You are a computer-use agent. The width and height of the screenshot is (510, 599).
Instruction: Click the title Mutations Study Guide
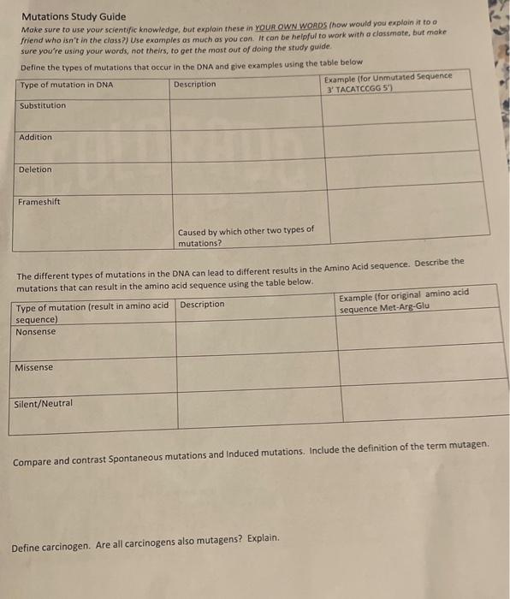(x=73, y=16)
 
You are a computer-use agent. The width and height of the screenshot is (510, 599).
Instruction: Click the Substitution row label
(x=42, y=105)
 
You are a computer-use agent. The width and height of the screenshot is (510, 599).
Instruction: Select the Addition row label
(x=35, y=137)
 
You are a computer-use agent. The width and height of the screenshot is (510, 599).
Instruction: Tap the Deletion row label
(x=35, y=169)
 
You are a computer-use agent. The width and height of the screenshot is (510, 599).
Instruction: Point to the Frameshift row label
(x=39, y=201)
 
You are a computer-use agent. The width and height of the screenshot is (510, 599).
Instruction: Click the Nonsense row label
(x=36, y=331)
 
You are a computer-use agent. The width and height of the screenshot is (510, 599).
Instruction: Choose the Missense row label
(x=34, y=367)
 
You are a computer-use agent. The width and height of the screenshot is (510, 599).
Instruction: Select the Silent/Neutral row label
(x=44, y=403)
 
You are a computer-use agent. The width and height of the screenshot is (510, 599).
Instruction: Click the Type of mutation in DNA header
(x=66, y=85)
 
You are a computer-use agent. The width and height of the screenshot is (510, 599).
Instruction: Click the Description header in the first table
(x=194, y=84)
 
